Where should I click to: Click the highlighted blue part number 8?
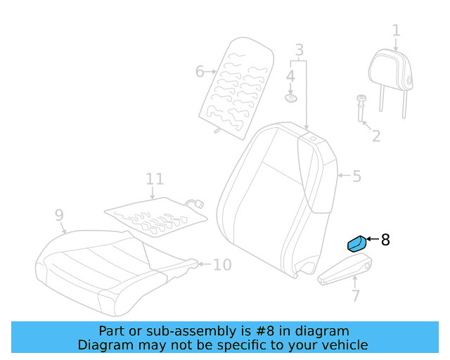356,244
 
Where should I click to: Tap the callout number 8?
385,240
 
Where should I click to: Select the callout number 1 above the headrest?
396,30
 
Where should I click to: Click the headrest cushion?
391,71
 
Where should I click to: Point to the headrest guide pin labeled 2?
361,108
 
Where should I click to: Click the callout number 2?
376,136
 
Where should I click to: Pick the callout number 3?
300,50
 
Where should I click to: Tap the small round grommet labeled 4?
290,98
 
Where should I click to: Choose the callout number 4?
290,76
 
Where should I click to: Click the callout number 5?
356,176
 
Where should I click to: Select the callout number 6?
200,71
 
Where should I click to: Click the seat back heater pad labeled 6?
237,88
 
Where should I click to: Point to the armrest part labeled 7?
345,269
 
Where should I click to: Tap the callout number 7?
356,296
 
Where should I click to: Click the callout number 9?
59,214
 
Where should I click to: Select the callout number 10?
222,264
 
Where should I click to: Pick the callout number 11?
155,179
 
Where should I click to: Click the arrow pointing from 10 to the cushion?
205,264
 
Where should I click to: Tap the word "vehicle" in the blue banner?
347,345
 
